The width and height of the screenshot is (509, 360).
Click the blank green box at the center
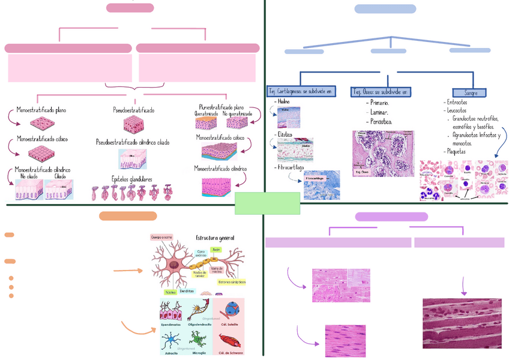(x=267, y=203)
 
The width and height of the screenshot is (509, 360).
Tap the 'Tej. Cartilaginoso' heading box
(x=301, y=91)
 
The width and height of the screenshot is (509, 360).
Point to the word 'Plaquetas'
(x=457, y=152)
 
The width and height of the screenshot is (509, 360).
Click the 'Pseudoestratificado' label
(x=133, y=110)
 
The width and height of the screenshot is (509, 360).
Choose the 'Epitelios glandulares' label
(x=131, y=179)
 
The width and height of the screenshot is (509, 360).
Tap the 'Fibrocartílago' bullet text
(x=292, y=167)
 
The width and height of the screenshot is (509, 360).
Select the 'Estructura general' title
(x=215, y=238)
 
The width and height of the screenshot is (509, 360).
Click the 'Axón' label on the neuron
(x=216, y=249)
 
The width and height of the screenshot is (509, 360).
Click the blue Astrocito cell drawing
(x=171, y=341)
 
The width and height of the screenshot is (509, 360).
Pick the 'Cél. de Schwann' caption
(x=231, y=353)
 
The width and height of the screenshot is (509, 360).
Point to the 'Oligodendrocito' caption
(x=200, y=325)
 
